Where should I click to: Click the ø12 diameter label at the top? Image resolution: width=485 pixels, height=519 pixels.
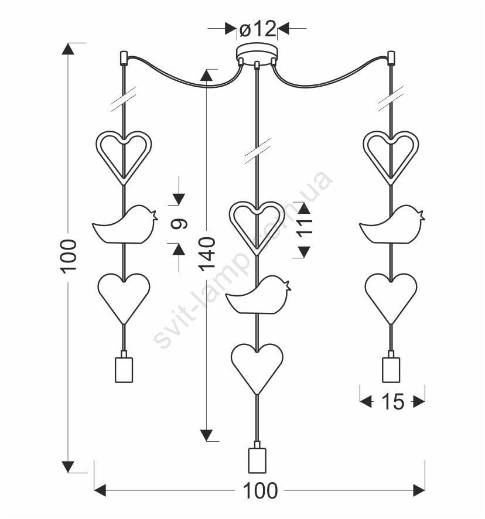(x=258, y=29)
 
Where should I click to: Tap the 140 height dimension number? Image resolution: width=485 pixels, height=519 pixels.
(x=207, y=254)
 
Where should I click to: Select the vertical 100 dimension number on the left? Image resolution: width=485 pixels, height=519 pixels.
(x=69, y=257)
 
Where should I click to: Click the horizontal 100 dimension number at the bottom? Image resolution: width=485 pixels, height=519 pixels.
(x=260, y=490)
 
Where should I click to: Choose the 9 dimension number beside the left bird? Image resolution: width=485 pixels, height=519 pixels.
(x=179, y=224)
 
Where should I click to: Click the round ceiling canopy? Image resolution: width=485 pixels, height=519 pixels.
(x=257, y=52)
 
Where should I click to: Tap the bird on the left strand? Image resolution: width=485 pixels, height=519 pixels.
(x=125, y=225)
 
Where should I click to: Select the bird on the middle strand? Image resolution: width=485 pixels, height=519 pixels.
(x=258, y=295)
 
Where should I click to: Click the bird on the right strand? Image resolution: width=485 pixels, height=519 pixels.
(x=392, y=225)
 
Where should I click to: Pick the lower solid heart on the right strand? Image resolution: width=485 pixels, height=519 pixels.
(x=391, y=299)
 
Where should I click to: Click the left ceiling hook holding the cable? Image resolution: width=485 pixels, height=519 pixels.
(x=124, y=58)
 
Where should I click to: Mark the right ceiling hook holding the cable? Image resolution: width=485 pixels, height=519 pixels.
(x=391, y=58)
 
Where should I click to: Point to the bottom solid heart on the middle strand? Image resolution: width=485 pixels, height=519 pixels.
(x=257, y=369)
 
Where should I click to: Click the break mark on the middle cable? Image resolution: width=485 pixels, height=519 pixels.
(x=257, y=151)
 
